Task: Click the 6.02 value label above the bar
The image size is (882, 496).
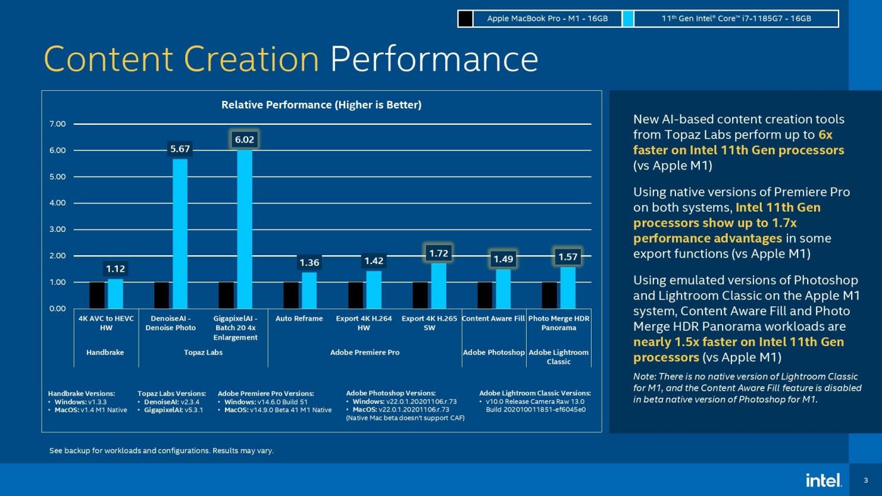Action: pos(244,139)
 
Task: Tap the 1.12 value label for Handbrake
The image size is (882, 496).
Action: pos(115,269)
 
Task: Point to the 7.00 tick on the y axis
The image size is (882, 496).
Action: pos(57,124)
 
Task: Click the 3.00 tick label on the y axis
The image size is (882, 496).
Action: pos(57,229)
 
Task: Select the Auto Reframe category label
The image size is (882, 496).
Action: pos(299,319)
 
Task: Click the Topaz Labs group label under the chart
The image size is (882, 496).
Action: pos(203,352)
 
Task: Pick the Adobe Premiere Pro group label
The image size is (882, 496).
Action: pos(365,352)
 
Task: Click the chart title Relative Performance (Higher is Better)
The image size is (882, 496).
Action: pos(321,105)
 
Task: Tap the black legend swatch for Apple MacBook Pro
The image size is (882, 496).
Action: pos(466,19)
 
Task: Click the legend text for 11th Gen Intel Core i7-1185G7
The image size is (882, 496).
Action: pos(736,19)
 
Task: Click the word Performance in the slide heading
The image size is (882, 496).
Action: pos(434,60)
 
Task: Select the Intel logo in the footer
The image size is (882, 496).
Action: pos(823,480)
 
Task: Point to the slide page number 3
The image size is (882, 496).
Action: pos(866,480)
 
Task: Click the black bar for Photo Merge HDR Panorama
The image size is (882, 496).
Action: pos(549,295)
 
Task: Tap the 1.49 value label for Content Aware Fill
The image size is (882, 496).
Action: pos(503,259)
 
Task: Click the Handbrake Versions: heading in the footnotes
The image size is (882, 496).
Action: pos(81,393)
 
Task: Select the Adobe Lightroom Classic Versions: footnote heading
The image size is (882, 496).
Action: pos(535,393)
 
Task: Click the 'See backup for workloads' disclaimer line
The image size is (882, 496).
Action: pos(161,451)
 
